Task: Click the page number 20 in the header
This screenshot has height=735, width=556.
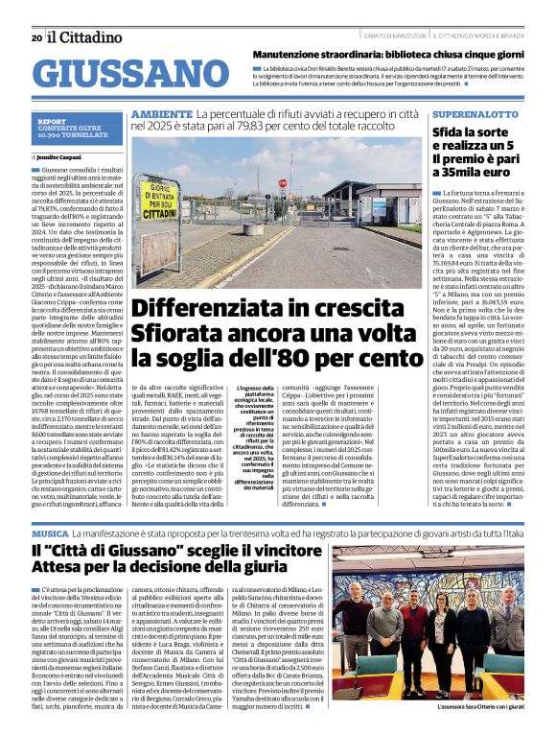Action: (x=36, y=38)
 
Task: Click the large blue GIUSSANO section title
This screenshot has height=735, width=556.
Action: (x=124, y=75)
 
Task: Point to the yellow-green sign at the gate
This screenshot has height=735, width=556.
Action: (x=158, y=202)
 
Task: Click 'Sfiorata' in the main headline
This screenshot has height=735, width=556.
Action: (x=180, y=335)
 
